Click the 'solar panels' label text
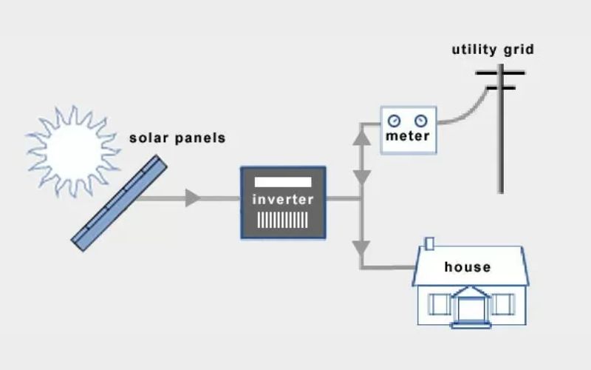pyautogui.click(x=177, y=138)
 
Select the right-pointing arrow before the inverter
pyautogui.click(x=193, y=198)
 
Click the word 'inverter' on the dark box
pyautogui.click(x=283, y=199)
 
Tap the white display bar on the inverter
pyautogui.click(x=283, y=182)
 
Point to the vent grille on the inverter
pyautogui.click(x=283, y=220)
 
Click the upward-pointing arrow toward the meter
pyautogui.click(x=361, y=136)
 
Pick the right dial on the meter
pyautogui.click(x=421, y=121)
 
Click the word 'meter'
pyautogui.click(x=407, y=138)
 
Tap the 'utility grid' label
pyautogui.click(x=493, y=50)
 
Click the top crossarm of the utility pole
pyautogui.click(x=500, y=73)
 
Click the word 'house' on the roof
pyautogui.click(x=467, y=266)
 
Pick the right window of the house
pyautogui.click(x=502, y=303)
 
